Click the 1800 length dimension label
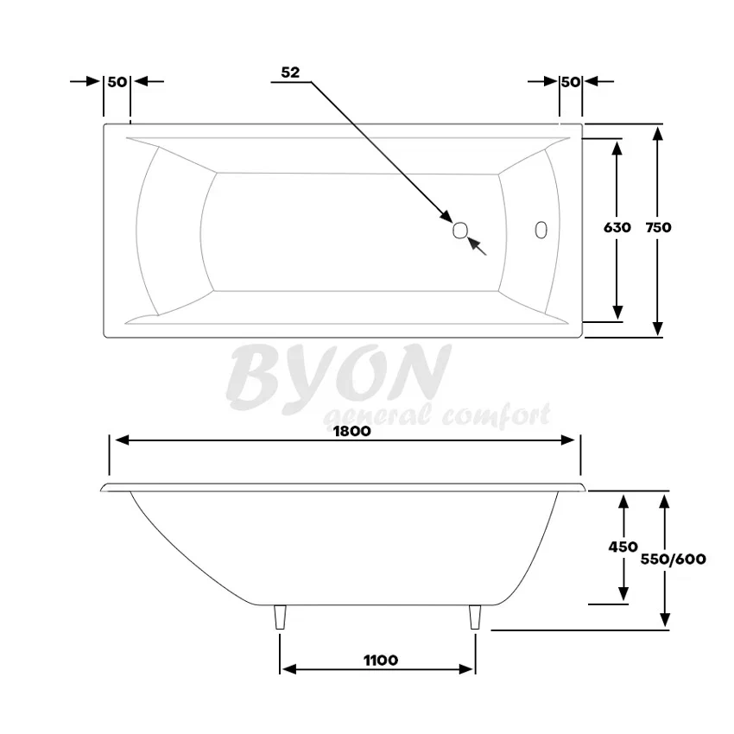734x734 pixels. pos(352,431)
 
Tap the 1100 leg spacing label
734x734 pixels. pos(381,660)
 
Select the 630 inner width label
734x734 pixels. pos(617,227)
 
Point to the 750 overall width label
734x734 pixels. pos(658,227)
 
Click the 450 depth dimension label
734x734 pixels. pos(623,547)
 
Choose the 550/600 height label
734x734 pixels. pos(674,559)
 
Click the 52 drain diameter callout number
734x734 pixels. pos(290,72)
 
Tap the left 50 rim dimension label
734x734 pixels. pos(117,82)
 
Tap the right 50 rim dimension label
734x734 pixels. pos(571,82)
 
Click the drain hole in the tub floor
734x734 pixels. pos(460,230)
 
